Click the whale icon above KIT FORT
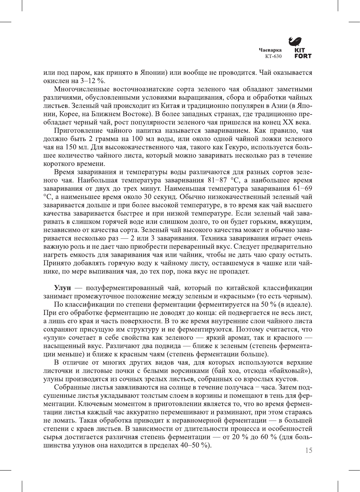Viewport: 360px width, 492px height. (x=296, y=41)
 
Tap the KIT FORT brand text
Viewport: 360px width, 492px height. (x=303, y=53)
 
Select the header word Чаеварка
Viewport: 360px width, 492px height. (x=270, y=50)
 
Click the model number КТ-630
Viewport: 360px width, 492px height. (x=273, y=56)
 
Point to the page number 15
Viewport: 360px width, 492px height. (x=308, y=451)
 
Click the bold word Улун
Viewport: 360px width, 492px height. (x=62, y=288)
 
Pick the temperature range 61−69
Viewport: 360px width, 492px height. (x=302, y=189)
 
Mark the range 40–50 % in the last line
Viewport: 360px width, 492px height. (x=194, y=445)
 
